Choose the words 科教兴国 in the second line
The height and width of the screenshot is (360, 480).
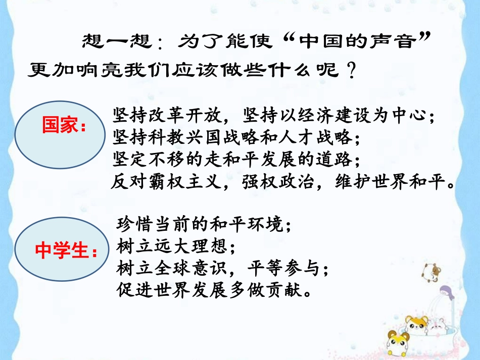[x=182, y=138]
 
